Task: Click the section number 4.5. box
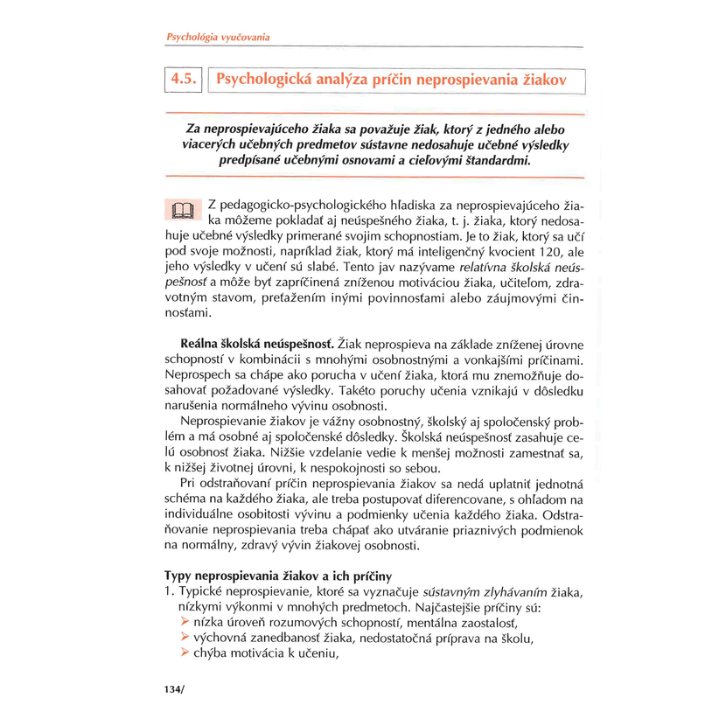184,80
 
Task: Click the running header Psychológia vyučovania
218,38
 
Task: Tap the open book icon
181,211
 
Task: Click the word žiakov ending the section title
541,80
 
